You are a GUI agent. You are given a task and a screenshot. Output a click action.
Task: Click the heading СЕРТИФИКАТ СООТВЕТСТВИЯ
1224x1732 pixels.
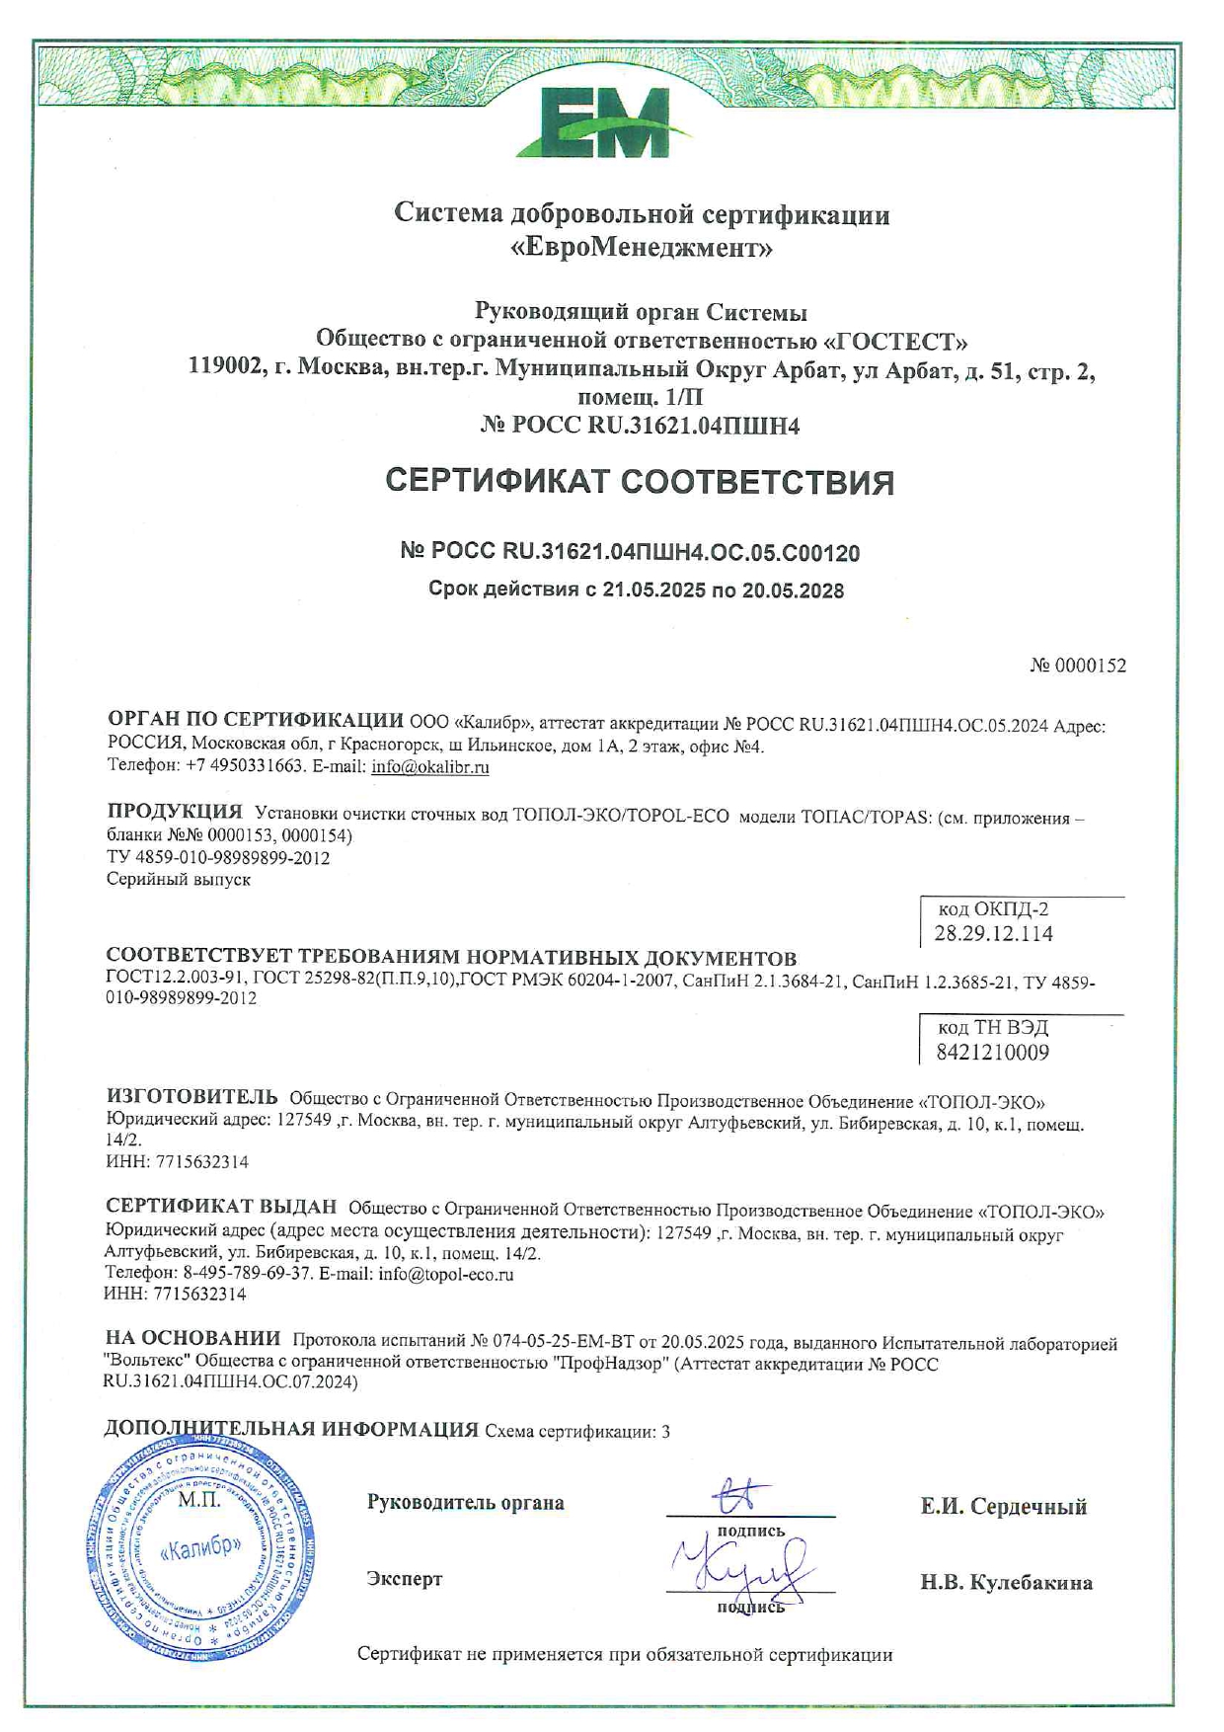(x=640, y=482)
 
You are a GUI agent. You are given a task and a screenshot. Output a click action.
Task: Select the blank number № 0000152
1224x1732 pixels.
(x=1078, y=666)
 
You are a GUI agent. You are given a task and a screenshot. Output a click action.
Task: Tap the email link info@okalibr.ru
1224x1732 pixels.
(x=430, y=767)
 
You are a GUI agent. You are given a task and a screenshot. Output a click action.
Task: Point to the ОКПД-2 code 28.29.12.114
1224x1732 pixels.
(x=993, y=934)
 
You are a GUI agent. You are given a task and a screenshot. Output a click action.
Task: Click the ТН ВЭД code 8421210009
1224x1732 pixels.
(x=992, y=1053)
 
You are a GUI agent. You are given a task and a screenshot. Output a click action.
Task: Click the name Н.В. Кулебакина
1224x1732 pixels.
(x=1007, y=1583)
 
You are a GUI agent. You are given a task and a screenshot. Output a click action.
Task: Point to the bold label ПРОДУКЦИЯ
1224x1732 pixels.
(x=175, y=812)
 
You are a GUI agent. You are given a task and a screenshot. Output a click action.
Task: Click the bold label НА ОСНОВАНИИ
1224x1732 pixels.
(x=193, y=1339)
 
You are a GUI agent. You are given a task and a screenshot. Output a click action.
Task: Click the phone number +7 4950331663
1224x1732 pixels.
(x=241, y=767)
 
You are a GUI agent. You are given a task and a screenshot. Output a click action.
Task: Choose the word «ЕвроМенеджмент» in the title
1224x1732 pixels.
(x=642, y=248)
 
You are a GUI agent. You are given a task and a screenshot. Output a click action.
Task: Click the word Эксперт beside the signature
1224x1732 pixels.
(x=405, y=1579)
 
